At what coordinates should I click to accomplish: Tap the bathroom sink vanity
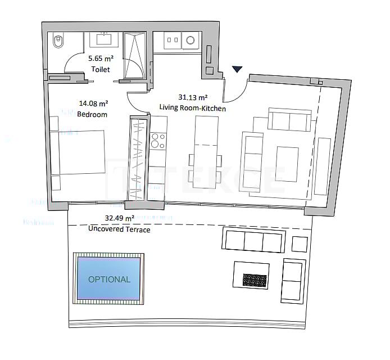103,40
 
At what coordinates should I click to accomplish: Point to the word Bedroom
92,114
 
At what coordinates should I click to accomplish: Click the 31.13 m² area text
193,97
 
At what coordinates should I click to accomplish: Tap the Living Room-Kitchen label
193,108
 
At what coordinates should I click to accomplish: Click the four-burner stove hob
158,140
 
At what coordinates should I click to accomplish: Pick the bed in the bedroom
79,153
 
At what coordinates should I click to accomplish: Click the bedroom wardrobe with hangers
137,157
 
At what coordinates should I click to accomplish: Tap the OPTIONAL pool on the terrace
109,279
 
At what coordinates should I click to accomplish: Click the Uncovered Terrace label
119,229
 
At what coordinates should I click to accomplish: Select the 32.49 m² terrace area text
120,218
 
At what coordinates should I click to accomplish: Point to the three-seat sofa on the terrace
253,241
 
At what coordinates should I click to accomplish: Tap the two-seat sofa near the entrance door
289,120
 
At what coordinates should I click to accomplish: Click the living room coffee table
287,164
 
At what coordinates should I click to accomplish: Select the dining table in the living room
205,152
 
